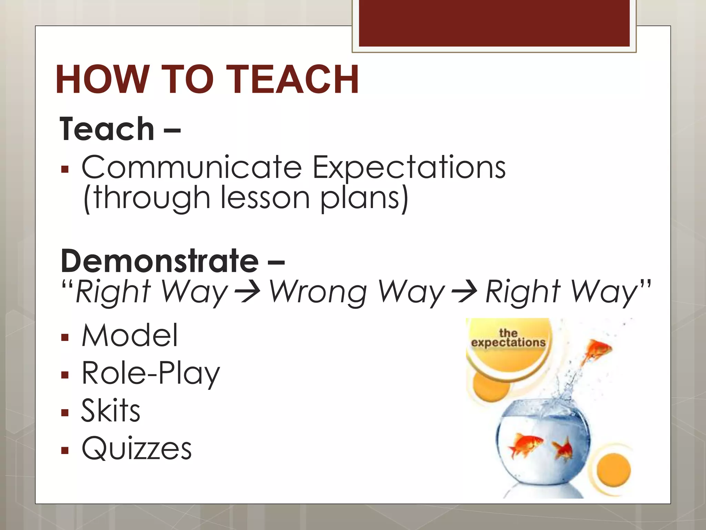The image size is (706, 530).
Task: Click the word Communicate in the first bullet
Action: [x=192, y=167]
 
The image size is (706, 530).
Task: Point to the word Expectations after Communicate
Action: [x=409, y=168]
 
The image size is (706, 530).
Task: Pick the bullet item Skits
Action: [x=111, y=411]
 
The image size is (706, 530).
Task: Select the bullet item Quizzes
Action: [x=137, y=449]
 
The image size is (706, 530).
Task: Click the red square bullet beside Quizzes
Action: [x=65, y=450]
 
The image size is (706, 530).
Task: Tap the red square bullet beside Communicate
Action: [x=65, y=169]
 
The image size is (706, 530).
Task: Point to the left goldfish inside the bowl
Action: [x=524, y=445]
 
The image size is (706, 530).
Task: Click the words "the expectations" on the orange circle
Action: [x=508, y=338]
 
